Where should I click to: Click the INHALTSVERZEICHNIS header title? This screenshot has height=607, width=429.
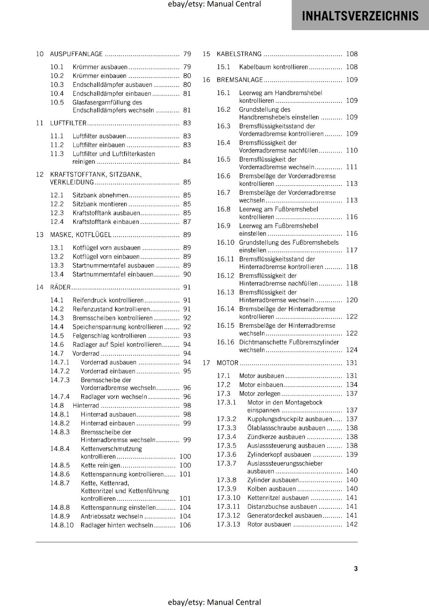360,16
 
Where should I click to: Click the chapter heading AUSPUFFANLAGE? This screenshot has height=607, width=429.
76,54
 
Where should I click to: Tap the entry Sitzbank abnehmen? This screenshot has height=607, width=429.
100,195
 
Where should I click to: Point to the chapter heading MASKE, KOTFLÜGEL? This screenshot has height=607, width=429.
80,235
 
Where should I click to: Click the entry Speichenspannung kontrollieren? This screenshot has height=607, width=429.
117,327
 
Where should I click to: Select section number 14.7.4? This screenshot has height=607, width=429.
60,396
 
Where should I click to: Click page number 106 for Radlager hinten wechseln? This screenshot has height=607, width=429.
185,525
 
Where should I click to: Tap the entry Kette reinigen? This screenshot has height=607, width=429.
100,465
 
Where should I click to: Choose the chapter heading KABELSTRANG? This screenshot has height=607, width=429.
239,54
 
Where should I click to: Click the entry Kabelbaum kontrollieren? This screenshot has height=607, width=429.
273,67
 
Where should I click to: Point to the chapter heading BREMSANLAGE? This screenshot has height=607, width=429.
240,80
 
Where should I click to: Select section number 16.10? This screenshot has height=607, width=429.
226,242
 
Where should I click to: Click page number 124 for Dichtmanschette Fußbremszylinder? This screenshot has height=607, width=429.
352,350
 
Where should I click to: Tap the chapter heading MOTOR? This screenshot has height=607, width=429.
227,363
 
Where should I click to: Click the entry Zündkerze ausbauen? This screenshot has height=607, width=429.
276,437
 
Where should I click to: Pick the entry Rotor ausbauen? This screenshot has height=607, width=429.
269,524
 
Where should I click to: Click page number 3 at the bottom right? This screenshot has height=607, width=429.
356,568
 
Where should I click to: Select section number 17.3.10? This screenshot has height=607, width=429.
229,498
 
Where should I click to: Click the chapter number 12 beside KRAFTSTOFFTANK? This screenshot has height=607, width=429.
40,175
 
